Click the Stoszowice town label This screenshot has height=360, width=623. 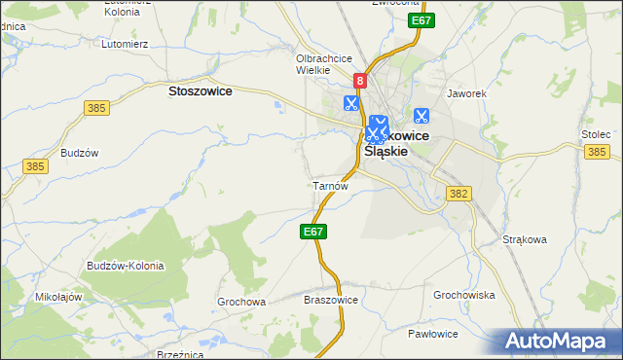pos(200,90)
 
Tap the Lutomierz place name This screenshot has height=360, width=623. pos(124,44)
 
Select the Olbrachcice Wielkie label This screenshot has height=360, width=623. pos(323,63)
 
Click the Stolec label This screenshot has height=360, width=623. pos(595,133)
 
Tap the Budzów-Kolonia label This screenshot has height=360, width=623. pos(125,266)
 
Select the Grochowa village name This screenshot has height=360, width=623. pos(241,302)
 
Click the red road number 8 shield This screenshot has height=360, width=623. pos(360,83)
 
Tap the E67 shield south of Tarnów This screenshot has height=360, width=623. pos(312,232)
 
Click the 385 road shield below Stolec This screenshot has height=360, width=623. pos(598,152)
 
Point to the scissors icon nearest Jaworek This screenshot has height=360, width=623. pos(421,115)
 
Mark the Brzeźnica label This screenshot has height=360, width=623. pos(179,355)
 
